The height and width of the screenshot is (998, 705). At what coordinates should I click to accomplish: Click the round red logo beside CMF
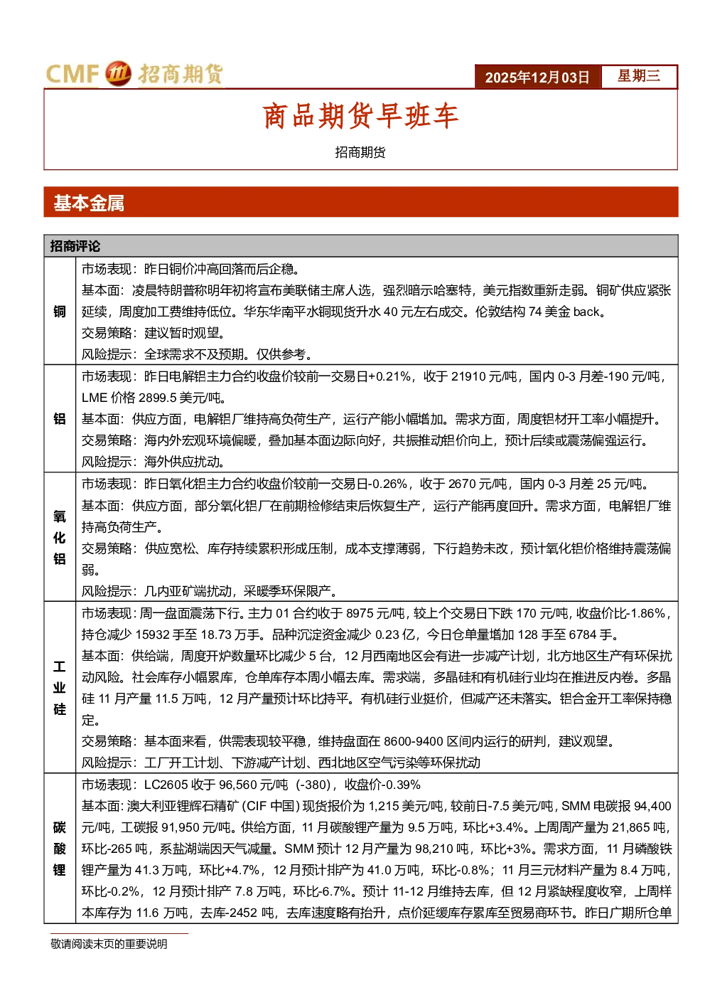(x=118, y=73)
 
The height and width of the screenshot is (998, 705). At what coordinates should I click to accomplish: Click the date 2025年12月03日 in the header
(x=537, y=77)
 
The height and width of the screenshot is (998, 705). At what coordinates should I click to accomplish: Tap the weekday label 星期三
(x=638, y=75)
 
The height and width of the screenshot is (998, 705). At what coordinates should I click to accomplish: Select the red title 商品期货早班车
(x=360, y=116)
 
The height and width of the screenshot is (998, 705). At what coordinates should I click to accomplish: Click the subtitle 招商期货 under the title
(x=360, y=152)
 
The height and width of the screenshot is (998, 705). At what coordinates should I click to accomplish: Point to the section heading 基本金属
(x=89, y=203)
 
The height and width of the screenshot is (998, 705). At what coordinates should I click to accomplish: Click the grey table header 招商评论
(x=75, y=246)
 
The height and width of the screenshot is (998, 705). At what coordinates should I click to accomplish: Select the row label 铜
(x=60, y=312)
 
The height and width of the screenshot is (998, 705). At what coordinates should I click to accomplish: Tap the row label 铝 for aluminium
(x=60, y=419)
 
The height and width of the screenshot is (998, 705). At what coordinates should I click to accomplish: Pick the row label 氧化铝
(x=60, y=537)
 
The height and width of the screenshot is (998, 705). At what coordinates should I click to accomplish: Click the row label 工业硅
(x=60, y=687)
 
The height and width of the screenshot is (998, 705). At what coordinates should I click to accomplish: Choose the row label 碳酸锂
(x=60, y=849)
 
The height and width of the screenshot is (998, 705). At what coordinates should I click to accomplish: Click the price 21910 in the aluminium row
(x=468, y=377)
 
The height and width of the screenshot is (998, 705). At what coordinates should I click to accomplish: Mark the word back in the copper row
(x=586, y=312)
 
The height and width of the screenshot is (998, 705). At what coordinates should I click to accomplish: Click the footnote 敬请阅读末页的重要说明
(x=109, y=944)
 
